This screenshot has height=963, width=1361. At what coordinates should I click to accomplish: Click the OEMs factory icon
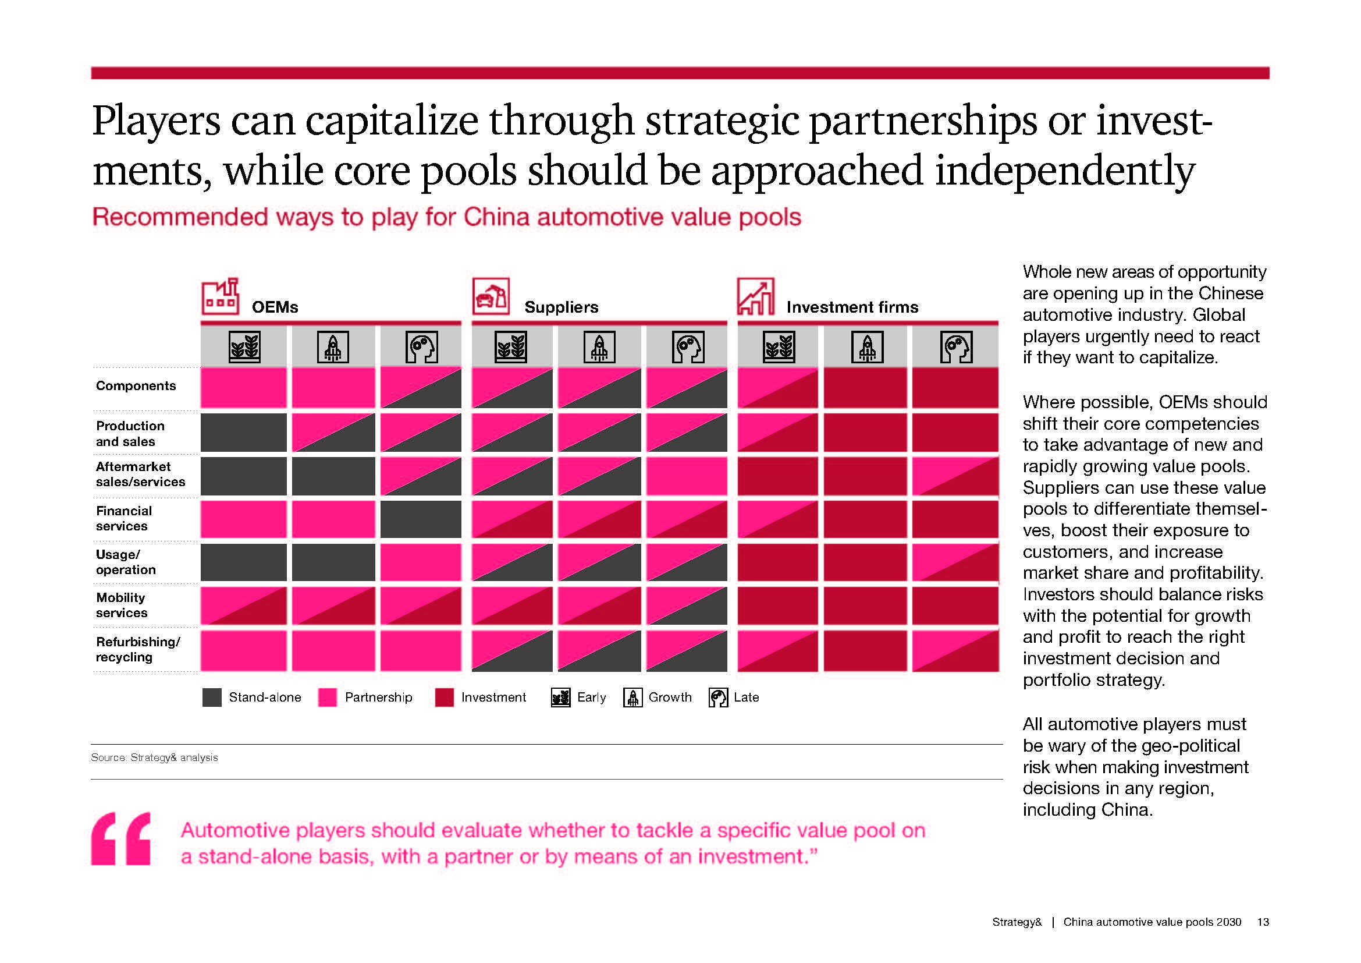(220, 296)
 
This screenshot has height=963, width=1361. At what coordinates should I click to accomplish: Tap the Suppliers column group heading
(561, 307)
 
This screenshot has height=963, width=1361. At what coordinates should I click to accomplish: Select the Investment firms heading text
(852, 307)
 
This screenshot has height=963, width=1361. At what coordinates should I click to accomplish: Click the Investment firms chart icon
(755, 296)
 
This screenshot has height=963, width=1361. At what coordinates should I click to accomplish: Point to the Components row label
(136, 386)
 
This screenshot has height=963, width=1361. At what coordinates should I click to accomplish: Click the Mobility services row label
(122, 606)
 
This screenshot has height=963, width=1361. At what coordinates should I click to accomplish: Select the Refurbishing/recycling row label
(137, 649)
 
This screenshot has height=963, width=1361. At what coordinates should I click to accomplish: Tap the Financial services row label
(123, 518)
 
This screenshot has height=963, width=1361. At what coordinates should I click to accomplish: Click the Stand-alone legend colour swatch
(212, 698)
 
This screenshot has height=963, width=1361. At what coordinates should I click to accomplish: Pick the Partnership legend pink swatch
(327, 698)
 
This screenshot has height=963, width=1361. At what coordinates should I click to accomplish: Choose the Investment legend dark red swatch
(444, 698)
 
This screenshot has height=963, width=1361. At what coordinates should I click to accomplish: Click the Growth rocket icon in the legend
(632, 698)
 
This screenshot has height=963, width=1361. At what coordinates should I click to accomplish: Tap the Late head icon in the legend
(718, 698)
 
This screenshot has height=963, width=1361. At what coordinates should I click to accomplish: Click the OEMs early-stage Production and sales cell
(243, 432)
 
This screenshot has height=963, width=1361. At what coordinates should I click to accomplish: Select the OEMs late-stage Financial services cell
(420, 519)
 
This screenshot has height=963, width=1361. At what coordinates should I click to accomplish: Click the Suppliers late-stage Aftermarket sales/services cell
(687, 476)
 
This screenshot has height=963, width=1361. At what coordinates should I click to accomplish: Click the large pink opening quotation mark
(121, 838)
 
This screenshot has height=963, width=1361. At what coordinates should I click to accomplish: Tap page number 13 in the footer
(1263, 922)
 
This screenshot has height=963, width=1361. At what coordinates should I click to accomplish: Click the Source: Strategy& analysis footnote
(154, 758)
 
